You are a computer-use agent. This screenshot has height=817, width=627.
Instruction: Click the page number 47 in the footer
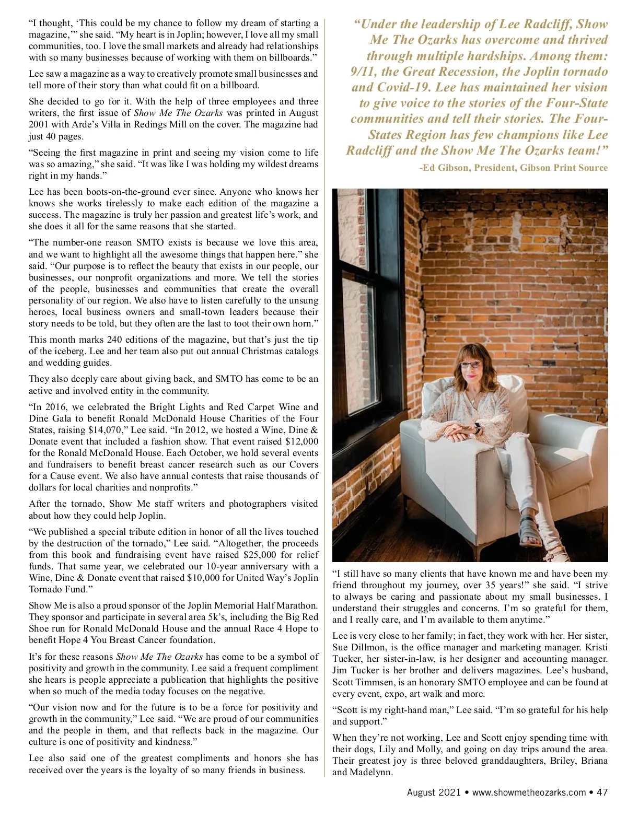pyautogui.click(x=602, y=792)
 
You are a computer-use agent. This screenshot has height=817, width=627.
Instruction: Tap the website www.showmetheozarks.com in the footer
pyautogui.click(x=529, y=792)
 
